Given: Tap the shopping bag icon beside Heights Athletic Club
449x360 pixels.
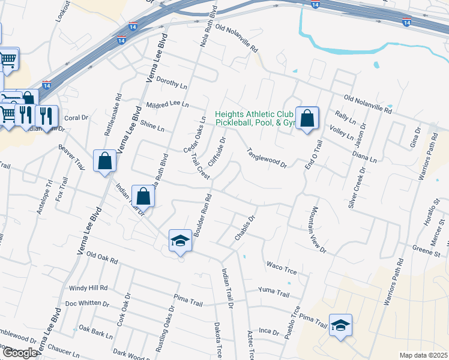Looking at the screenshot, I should [x=307, y=118].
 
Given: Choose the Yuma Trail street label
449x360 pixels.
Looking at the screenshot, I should [x=274, y=292].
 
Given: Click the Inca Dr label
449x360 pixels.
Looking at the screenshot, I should [x=270, y=331].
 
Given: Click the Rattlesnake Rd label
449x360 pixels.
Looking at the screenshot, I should [x=113, y=113].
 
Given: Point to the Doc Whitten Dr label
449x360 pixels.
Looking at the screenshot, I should [x=87, y=303].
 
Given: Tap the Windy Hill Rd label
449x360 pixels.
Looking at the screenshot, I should [x=88, y=289].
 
